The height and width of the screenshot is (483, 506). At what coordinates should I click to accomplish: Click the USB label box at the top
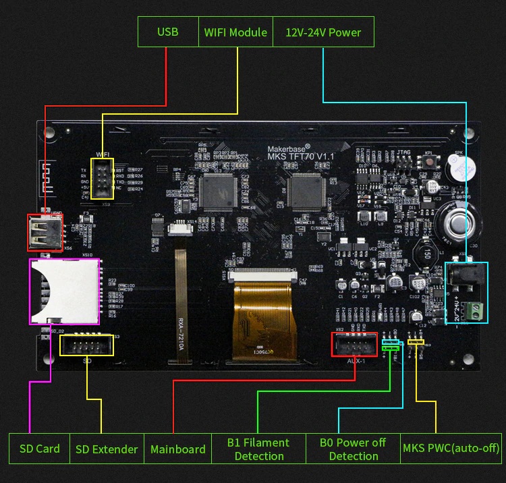[x=168, y=32]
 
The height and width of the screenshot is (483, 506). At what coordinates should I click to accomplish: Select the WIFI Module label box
[x=235, y=32]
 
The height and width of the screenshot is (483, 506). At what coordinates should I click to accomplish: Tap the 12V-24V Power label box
[x=323, y=32]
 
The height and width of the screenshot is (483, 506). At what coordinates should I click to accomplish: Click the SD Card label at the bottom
[x=39, y=449]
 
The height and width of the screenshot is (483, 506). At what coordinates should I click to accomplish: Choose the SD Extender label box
[x=107, y=449]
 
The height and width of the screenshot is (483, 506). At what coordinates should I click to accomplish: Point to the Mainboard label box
[x=177, y=449]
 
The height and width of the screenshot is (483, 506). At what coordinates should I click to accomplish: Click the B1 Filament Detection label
[x=258, y=449]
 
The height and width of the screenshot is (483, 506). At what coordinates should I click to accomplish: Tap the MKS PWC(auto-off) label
[x=450, y=449]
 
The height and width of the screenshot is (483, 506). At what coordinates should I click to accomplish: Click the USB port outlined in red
[x=45, y=233]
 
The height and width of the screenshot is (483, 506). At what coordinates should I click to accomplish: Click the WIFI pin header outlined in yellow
[x=103, y=179]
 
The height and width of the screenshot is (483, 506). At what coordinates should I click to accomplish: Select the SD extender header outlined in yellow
[x=87, y=345]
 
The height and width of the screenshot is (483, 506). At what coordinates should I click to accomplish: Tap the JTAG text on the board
[x=403, y=152]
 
